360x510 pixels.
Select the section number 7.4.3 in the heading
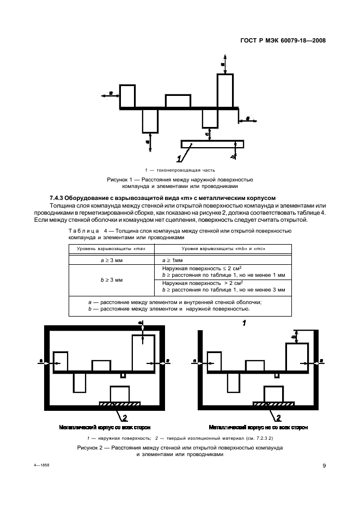pyautogui.click(x=59, y=198)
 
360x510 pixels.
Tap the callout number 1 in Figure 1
pyautogui.click(x=179, y=159)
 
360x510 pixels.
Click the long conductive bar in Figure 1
pyautogui.click(x=212, y=144)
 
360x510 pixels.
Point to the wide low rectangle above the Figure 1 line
pyautogui.click(x=178, y=101)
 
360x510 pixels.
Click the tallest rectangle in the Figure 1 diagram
pyautogui.click(x=225, y=91)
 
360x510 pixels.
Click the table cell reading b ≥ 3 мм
pyautogui.click(x=112, y=280)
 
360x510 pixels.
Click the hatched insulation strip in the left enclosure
pyautogui.click(x=120, y=403)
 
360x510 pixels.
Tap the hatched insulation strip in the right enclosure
pyautogui.click(x=274, y=403)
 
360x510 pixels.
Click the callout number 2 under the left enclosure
pyautogui.click(x=125, y=418)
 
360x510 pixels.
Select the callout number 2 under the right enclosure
pyautogui.click(x=279, y=418)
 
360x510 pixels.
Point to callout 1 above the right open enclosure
pyautogui.click(x=245, y=323)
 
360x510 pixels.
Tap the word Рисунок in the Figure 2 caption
pyautogui.click(x=90, y=447)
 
